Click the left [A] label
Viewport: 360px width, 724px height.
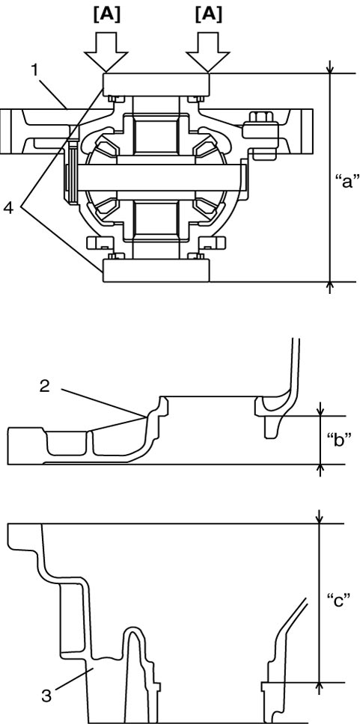pos(106,15)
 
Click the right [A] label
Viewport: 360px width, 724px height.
pos(208,15)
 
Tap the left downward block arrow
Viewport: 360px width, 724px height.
pos(106,52)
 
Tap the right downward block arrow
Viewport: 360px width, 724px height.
pos(208,52)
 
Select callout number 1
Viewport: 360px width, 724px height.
pos(34,70)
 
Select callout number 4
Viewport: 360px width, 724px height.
pos(9,209)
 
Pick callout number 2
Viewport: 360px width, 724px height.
pos(44,386)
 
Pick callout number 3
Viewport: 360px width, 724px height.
pos(46,696)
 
